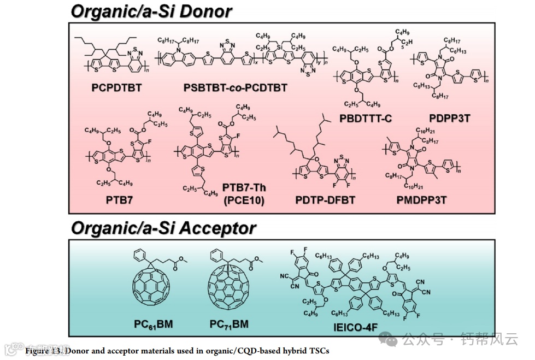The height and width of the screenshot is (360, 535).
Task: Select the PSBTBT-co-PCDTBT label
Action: click(236, 87)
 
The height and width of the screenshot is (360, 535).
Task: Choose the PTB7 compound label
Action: click(120, 200)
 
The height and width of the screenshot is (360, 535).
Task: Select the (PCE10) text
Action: click(244, 200)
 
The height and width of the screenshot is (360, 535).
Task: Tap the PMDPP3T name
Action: click(421, 200)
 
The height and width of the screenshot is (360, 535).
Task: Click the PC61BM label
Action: click(154, 324)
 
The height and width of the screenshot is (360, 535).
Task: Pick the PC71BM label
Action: click(229, 324)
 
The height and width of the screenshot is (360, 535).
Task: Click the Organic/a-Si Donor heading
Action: click(151, 11)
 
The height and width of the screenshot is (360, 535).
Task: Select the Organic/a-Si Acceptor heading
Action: click(163, 227)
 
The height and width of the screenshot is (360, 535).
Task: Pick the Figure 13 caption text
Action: click(177, 351)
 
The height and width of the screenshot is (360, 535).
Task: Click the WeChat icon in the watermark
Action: click(391, 340)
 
